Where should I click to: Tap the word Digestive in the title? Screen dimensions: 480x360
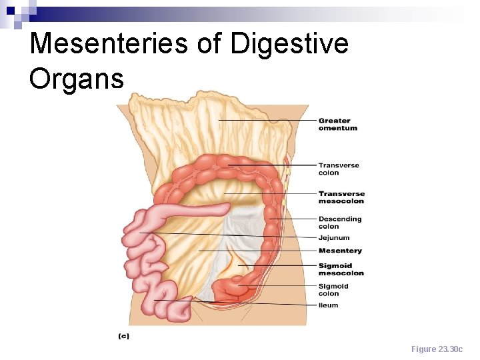[289, 44]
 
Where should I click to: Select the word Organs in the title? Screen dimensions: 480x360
[77, 78]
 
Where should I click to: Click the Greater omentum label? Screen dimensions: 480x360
[337, 125]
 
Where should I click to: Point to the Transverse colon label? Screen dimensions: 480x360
[338, 169]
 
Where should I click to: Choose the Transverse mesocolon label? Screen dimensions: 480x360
[341, 197]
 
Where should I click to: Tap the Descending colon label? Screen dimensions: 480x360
[339, 223]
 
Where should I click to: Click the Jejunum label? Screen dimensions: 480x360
[333, 238]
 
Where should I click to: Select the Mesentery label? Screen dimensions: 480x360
[340, 251]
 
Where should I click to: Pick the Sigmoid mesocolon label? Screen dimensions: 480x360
[341, 269]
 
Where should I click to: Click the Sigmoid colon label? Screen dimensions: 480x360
[333, 290]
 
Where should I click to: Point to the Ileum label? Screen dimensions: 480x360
[328, 305]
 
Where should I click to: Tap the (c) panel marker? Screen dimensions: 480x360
[123, 337]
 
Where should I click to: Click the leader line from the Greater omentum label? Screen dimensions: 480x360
[267, 121]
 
